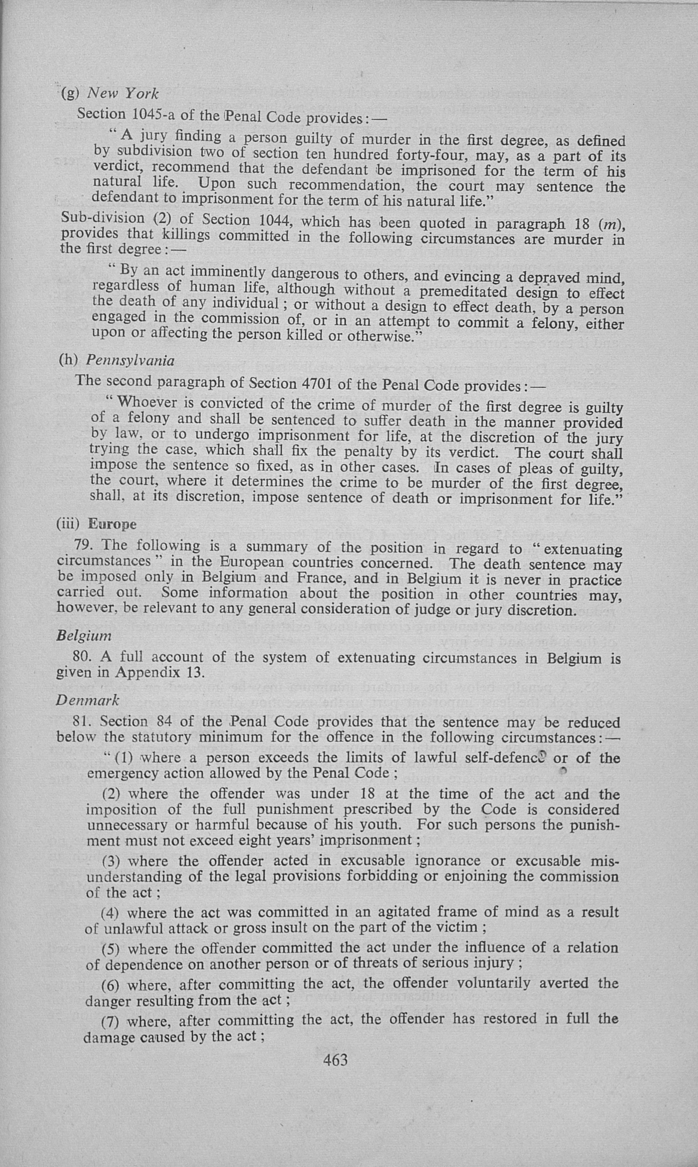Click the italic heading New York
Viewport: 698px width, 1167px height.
(x=123, y=94)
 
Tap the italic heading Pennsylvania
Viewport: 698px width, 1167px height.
(x=130, y=361)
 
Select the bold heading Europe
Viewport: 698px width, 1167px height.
(x=112, y=524)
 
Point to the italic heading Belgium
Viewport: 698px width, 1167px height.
(x=84, y=636)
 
